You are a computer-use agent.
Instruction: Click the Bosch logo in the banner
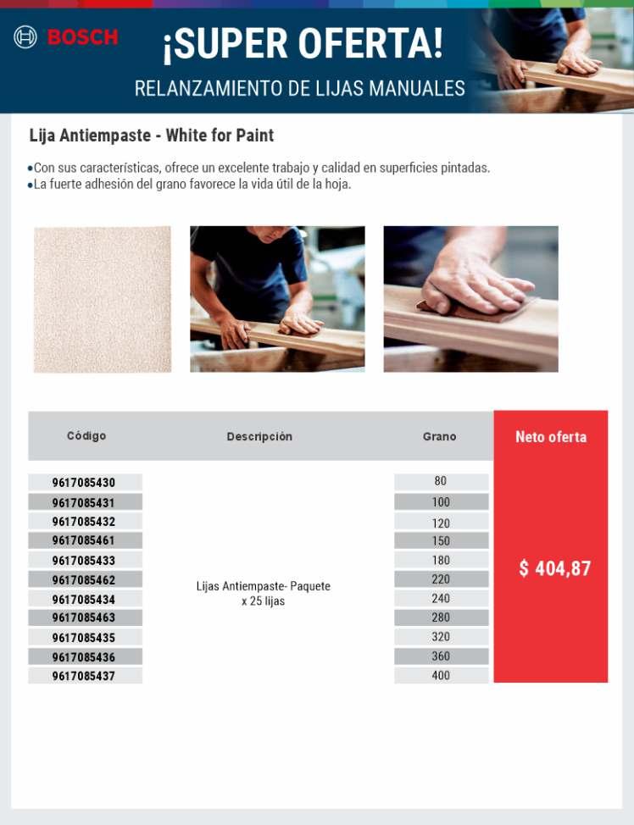tap(65, 37)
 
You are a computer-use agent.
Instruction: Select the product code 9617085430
tap(84, 483)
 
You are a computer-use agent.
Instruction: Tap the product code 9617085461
tap(84, 540)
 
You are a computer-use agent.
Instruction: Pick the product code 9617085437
tap(84, 676)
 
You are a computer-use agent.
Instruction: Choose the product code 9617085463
tap(84, 617)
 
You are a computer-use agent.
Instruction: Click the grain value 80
tap(441, 481)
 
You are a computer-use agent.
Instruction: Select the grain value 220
tap(441, 579)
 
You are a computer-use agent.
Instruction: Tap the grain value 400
tap(441, 676)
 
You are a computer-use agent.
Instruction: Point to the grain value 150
tap(441, 540)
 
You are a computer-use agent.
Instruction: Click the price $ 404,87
tap(554, 568)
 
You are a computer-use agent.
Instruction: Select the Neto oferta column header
tap(551, 437)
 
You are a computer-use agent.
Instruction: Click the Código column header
tap(86, 436)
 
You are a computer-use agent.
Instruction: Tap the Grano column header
tap(439, 437)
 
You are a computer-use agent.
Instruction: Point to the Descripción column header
tap(259, 437)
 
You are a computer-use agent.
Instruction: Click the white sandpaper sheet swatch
tap(103, 299)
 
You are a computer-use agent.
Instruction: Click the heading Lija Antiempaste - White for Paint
tap(152, 136)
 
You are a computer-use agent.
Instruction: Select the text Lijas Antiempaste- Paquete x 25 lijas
tap(263, 594)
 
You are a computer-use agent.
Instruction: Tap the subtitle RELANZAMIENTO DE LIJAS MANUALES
tap(299, 88)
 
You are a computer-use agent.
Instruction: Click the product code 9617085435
tap(84, 638)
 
